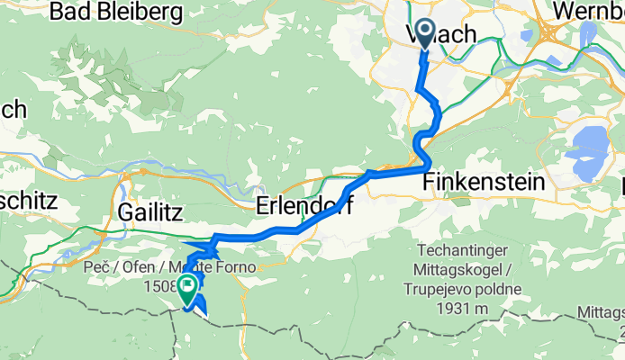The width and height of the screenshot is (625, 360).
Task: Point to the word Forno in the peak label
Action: [x=236, y=269]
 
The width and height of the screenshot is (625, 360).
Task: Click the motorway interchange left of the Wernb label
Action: [x=547, y=32]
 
